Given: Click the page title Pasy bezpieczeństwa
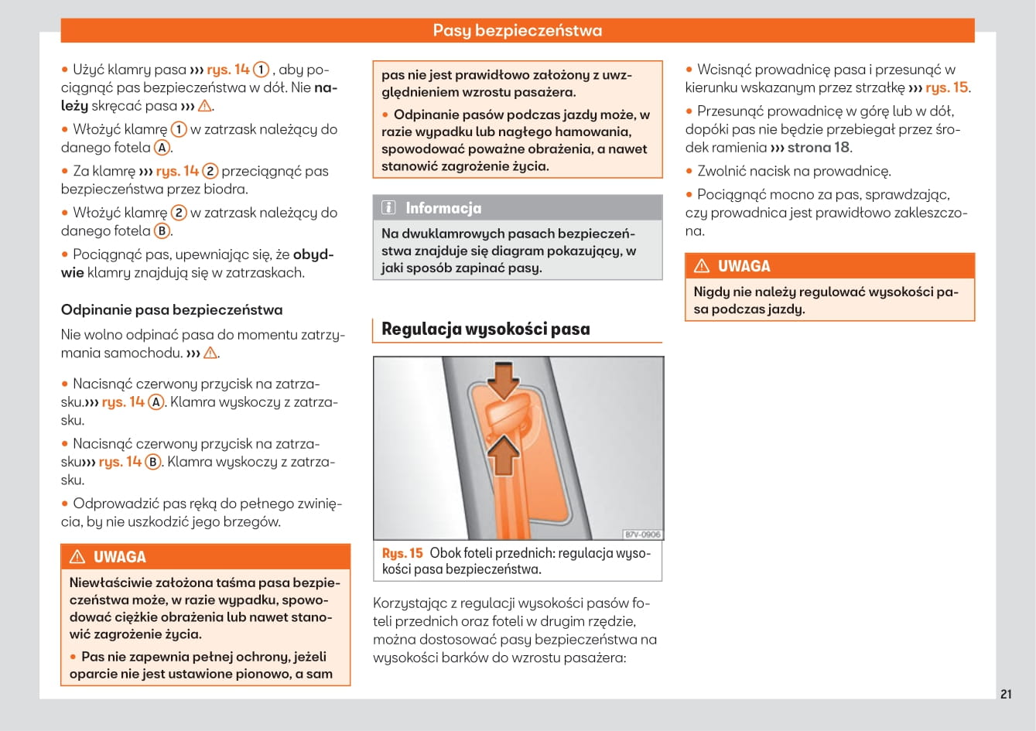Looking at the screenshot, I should click(517, 30).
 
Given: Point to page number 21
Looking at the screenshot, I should click(1005, 694).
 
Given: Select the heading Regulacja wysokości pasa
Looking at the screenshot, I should click(485, 329).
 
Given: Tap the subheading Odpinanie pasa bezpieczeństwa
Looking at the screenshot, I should click(172, 309).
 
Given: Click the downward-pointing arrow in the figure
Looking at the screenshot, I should click(504, 381).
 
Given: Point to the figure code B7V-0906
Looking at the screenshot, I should click(642, 535).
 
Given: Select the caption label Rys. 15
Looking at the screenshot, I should click(402, 553).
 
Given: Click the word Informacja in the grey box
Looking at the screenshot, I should click(443, 208).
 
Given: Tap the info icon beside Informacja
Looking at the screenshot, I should click(389, 207).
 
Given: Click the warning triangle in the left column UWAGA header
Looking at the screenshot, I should click(77, 557).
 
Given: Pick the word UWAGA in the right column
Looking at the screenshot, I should click(744, 266).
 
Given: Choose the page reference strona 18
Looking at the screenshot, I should click(818, 147).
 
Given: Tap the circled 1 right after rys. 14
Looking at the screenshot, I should click(262, 70).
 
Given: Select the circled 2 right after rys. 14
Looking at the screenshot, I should click(210, 171).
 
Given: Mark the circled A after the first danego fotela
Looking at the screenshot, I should click(162, 148).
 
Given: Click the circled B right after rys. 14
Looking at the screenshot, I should click(153, 462).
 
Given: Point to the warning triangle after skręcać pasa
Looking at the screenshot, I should click(204, 106).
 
